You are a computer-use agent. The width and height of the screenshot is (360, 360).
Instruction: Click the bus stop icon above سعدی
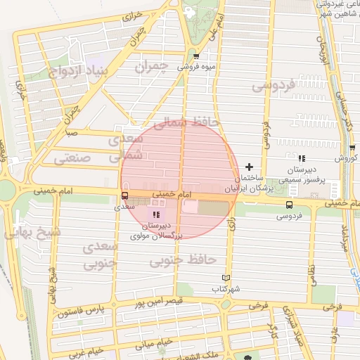click(124, 196)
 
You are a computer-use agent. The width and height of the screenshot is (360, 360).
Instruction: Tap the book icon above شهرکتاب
click(226, 278)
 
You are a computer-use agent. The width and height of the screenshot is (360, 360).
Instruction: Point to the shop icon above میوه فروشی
click(195, 56)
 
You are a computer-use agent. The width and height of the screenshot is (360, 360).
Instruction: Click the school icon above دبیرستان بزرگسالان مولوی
click(155, 214)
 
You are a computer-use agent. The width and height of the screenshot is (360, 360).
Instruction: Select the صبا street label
click(70, 131)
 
